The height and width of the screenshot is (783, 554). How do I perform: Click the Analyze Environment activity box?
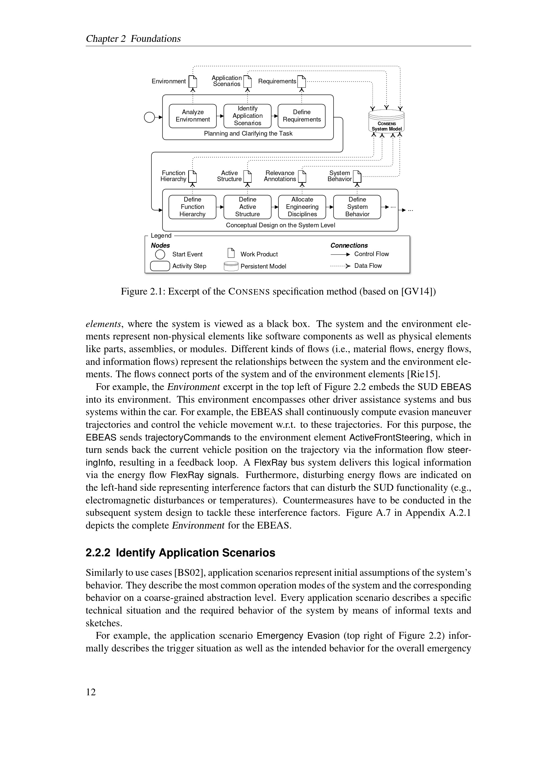193,116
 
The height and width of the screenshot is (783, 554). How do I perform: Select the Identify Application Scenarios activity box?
247,116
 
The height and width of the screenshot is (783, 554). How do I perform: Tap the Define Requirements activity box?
301,116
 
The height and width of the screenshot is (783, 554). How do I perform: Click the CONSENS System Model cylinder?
386,122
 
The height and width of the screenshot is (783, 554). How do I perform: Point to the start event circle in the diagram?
149,117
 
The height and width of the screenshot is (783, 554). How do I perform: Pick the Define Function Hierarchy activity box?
192,207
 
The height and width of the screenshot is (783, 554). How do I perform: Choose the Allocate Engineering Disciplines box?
302,207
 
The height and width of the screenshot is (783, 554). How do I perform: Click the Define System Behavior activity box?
357,207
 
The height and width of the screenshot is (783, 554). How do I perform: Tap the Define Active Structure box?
247,207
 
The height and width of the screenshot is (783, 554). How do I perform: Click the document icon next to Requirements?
301,81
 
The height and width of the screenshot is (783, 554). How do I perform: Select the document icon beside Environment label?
193,81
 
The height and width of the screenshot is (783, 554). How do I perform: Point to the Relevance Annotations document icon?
302,176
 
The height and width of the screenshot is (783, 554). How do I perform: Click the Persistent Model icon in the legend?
231,266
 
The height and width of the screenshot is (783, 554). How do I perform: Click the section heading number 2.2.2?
98,553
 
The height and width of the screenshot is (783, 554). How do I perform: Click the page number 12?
91,692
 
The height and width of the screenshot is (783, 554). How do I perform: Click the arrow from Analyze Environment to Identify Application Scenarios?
220,116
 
